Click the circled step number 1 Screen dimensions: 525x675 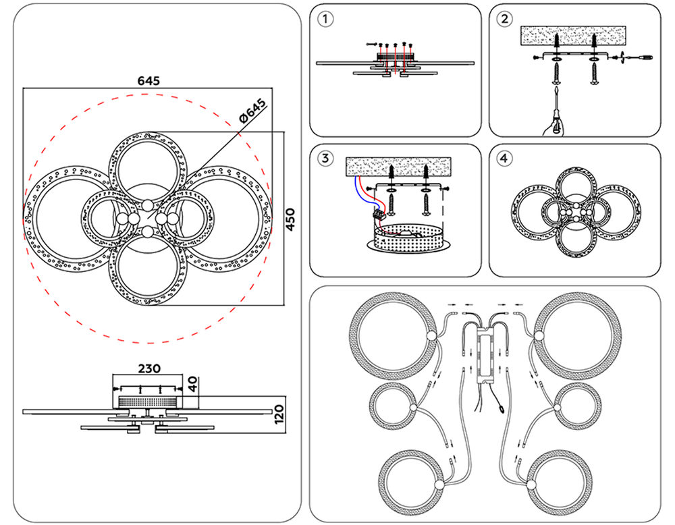326,19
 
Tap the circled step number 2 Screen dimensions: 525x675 504,19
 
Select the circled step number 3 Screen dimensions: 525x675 326,159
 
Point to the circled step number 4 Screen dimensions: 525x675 504,159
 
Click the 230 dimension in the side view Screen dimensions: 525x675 148,369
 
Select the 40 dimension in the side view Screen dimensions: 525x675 192,385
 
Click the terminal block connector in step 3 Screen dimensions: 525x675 379,213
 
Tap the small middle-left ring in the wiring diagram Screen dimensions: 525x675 392,407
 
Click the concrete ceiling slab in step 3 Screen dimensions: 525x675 398,167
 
